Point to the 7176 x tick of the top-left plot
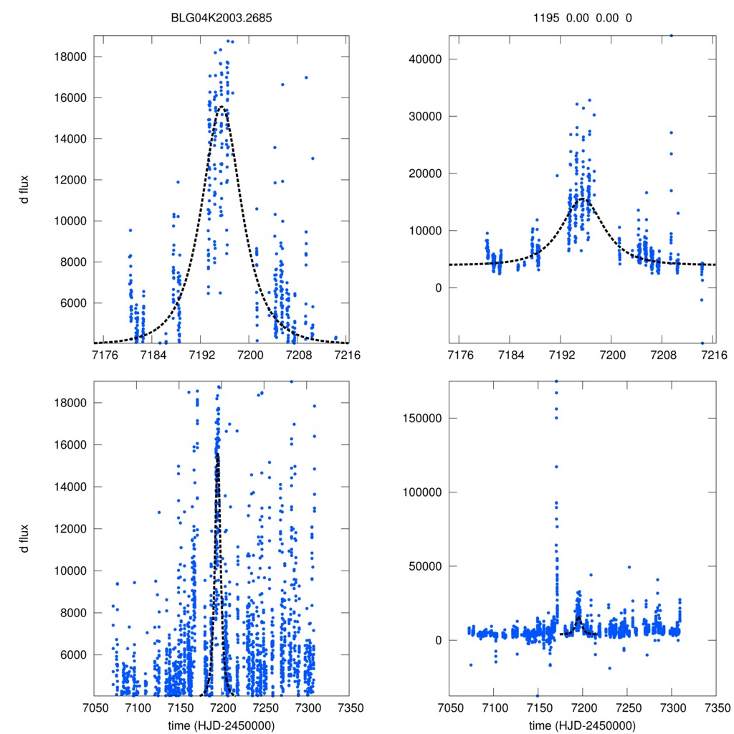105,355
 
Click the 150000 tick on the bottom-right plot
424,418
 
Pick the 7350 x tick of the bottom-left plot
349,707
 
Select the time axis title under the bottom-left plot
221,725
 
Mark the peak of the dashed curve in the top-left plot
221,107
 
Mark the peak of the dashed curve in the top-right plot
583,199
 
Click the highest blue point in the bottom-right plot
556,381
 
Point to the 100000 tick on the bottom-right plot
424,492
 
